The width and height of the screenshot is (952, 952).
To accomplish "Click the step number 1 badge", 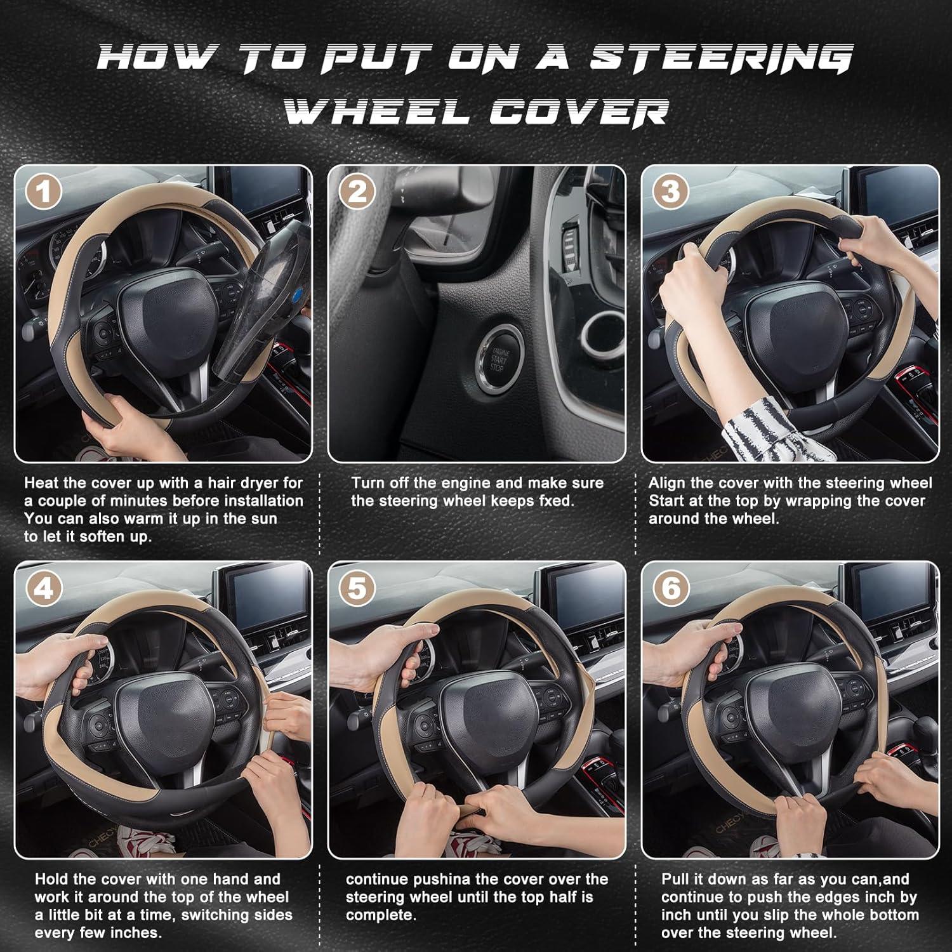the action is pyautogui.click(x=43, y=192).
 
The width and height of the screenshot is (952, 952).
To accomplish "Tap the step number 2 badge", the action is pyautogui.click(x=357, y=192).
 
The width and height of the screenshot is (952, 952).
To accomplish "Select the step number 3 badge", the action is pyautogui.click(x=670, y=192).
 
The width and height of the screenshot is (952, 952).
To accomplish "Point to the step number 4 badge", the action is pyautogui.click(x=43, y=589).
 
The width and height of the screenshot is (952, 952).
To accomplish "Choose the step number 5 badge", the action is pyautogui.click(x=357, y=589).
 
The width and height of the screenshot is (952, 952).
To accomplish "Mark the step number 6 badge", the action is pyautogui.click(x=670, y=589).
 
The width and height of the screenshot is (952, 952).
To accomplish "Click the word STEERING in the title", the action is pyautogui.click(x=720, y=58).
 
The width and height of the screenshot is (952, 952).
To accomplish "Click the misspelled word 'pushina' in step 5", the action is pyautogui.click(x=443, y=880).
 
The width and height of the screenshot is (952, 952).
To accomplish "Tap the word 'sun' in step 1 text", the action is pyautogui.click(x=264, y=519).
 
